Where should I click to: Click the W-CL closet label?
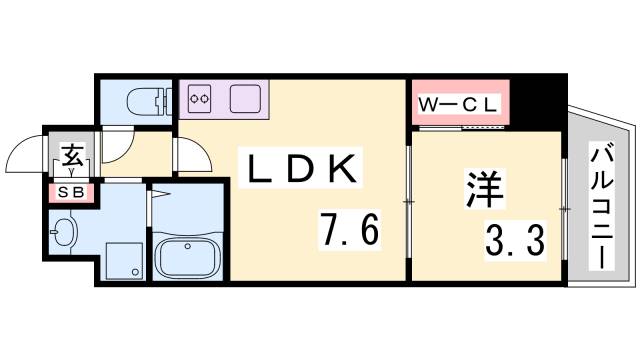460,101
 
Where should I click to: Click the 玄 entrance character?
73,156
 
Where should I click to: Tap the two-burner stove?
200,99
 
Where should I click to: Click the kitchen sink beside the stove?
245,99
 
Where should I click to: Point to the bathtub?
187,257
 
